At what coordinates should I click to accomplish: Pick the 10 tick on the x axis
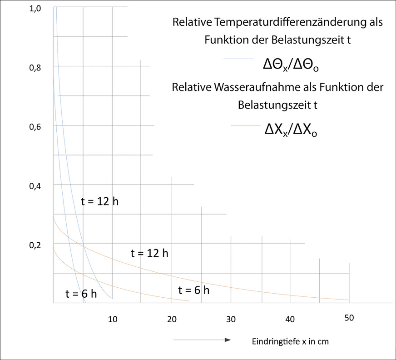point(113,319)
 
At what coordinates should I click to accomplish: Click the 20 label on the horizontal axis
point(172,319)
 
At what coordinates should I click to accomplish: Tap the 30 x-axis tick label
point(231,319)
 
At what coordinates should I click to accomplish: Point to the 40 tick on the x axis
point(290,319)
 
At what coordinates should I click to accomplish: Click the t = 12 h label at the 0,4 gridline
point(99,201)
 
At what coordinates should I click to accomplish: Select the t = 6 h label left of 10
point(82,293)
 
